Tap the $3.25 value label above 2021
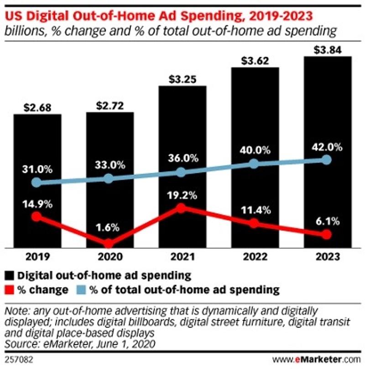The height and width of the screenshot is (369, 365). [x=181, y=79]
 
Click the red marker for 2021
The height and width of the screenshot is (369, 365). [x=181, y=208]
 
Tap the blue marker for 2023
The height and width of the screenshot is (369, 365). [x=326, y=159]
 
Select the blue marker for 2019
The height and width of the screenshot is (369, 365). [x=37, y=183]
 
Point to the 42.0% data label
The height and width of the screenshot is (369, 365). [x=326, y=147]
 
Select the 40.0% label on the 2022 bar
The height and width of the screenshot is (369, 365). [x=254, y=150]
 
